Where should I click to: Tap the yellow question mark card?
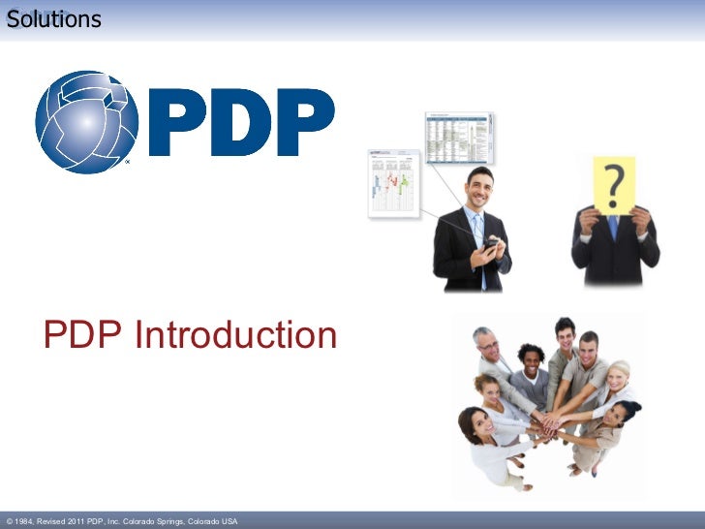tap(614, 184)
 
